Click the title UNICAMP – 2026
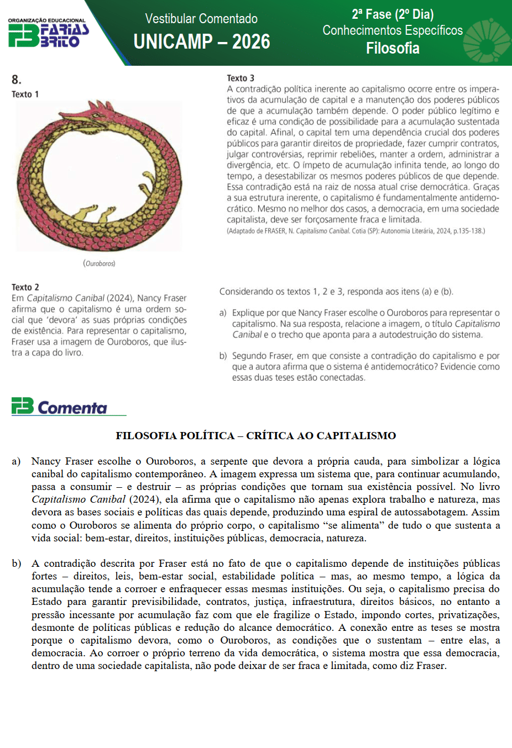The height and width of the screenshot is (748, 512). tap(202, 41)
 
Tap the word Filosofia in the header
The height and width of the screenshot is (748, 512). tap(393, 49)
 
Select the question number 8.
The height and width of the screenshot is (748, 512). tap(16, 80)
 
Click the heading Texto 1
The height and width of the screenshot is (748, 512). tap(25, 94)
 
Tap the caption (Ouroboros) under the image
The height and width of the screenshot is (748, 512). tap(100, 264)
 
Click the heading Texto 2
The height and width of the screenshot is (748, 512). tap(25, 287)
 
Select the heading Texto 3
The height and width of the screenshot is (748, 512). tap(241, 78)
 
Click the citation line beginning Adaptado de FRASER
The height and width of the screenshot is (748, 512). tap(356, 231)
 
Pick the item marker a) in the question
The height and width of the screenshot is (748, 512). tap(223, 313)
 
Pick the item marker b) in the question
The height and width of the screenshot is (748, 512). tap(223, 356)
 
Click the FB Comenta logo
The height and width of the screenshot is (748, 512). tap(60, 407)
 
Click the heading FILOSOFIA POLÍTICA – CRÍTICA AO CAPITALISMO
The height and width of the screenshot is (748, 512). tap(255, 435)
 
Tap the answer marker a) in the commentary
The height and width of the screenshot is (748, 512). tap(17, 461)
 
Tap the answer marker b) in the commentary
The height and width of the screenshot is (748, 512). tap(17, 563)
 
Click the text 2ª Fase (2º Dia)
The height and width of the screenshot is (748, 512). tap(393, 14)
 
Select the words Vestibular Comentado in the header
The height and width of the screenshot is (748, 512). tap(201, 19)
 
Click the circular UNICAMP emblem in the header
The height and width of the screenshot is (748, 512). tap(487, 41)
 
